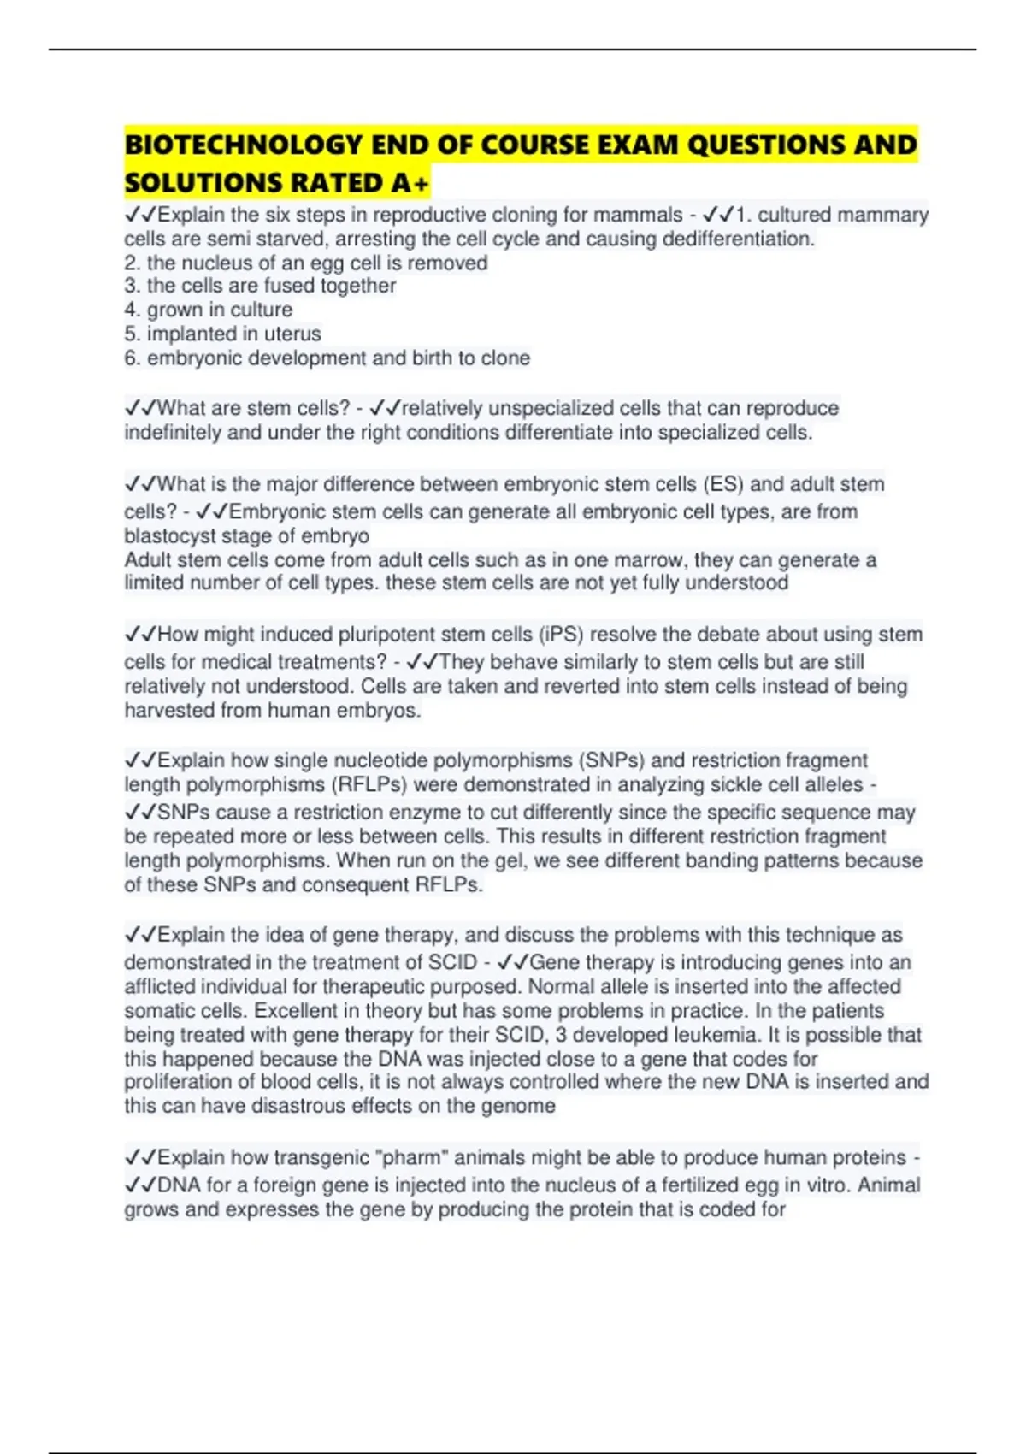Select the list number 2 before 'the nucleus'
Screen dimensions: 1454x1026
pyautogui.click(x=132, y=263)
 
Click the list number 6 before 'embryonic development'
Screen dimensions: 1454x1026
pyautogui.click(x=132, y=358)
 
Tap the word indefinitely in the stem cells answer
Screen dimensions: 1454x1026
pyautogui.click(x=172, y=433)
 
